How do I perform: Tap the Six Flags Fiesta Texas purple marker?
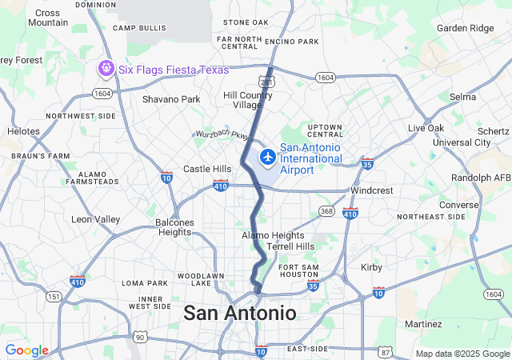[106, 70]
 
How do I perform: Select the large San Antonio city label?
[240, 313]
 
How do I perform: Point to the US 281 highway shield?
[266, 82]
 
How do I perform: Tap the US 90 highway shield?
[140, 336]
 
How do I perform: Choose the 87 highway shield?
[386, 353]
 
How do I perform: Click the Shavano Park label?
[171, 99]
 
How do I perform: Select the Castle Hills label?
[207, 169]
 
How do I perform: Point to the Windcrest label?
[371, 191]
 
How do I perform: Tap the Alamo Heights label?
[273, 235]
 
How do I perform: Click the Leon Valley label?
[96, 219]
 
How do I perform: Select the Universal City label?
[462, 142]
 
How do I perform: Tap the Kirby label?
[372, 267]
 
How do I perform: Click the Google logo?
[26, 350]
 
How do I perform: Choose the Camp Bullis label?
[139, 28]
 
